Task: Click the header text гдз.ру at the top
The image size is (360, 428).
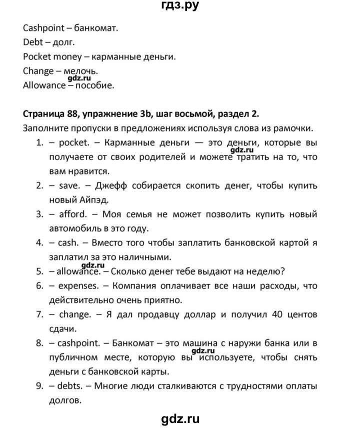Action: (x=179, y=6)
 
